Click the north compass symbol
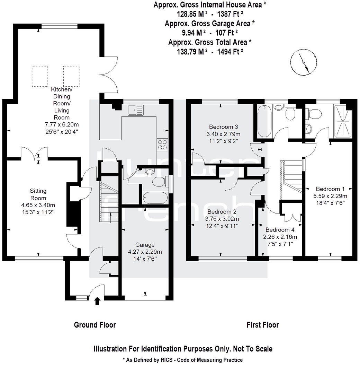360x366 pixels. [x=303, y=62]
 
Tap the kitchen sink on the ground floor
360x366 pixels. [x=135, y=110]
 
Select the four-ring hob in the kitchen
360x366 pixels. [x=162, y=144]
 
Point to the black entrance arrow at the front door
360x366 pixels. [x=97, y=301]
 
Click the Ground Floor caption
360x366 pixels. [x=95, y=325]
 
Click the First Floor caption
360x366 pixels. [x=262, y=325]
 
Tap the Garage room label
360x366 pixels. [x=145, y=244]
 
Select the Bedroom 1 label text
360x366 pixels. [x=330, y=189]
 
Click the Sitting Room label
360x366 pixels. [x=38, y=194]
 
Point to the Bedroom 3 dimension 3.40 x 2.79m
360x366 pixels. [x=223, y=134]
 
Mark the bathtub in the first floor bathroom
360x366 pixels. [x=263, y=122]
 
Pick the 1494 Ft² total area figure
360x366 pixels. [x=230, y=51]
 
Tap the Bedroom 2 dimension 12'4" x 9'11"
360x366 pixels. [x=223, y=226]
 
